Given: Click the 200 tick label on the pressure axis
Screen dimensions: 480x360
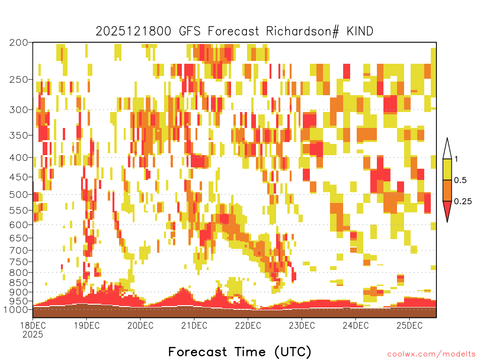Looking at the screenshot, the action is (18, 43).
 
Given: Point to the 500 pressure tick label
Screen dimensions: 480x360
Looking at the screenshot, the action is (18, 195).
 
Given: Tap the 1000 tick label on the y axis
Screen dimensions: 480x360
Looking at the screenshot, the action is (16, 310).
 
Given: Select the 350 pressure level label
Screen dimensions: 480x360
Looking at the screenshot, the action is (18, 135).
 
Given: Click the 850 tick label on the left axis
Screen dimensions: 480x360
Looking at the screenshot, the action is (18, 283).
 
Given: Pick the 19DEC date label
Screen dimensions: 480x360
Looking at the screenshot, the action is (87, 325).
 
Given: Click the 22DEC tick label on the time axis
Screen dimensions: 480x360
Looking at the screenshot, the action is (248, 325).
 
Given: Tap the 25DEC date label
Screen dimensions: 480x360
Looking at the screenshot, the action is (409, 325).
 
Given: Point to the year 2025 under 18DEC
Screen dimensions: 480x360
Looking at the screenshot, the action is (33, 335).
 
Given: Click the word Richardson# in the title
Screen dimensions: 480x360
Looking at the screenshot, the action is (302, 31).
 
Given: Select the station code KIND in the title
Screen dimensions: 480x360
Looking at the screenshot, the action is (360, 31).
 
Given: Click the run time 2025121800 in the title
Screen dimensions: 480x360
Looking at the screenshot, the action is (134, 31).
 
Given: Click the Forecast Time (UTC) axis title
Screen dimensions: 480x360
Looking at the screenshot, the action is (240, 352).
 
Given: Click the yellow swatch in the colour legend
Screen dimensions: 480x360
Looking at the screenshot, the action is (447, 169).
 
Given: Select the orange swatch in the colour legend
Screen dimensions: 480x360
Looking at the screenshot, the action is (447, 190).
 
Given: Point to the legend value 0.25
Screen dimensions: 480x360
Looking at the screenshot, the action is (463, 202).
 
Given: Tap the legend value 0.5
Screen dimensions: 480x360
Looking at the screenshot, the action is (460, 180).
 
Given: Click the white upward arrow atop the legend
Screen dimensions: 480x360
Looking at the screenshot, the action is (447, 149).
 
